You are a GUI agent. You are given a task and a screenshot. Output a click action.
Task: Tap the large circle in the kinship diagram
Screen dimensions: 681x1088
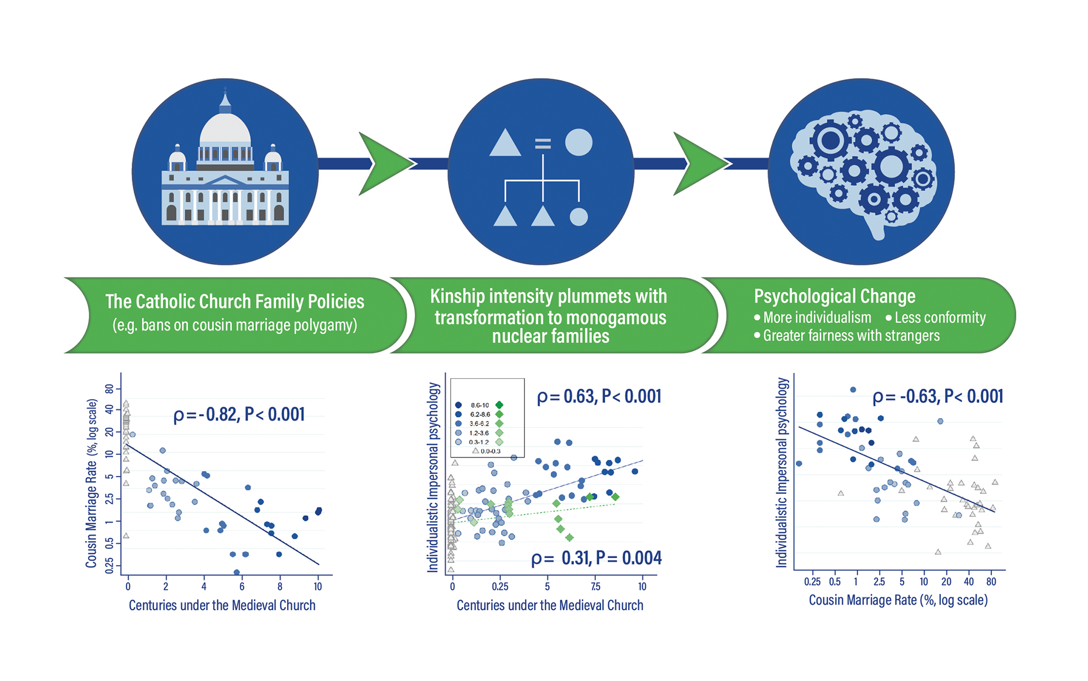click(x=578, y=142)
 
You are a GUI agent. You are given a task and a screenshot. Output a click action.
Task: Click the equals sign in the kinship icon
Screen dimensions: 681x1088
click(x=542, y=143)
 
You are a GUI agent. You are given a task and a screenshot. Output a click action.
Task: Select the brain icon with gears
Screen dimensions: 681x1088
click(x=862, y=171)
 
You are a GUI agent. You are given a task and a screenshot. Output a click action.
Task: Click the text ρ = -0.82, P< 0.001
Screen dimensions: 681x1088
click(x=239, y=415)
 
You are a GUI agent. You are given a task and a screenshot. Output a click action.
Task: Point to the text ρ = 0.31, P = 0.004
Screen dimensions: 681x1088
click(x=596, y=558)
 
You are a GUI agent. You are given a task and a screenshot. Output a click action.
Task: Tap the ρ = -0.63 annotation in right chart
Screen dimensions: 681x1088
click(x=937, y=396)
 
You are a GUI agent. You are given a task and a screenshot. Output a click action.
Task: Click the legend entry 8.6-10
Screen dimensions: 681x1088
click(x=479, y=405)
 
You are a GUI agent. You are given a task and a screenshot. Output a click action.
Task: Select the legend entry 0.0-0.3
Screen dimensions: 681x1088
click(x=490, y=451)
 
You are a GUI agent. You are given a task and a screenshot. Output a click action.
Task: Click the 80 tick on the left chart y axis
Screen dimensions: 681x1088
click(x=109, y=389)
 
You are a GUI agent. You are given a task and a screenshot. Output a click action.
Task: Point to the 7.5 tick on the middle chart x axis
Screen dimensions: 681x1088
click(x=596, y=586)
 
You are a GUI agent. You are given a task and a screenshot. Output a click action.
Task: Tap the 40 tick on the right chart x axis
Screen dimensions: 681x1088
click(x=969, y=582)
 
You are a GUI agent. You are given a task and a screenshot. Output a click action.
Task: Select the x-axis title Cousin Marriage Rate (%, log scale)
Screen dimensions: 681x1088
click(x=898, y=600)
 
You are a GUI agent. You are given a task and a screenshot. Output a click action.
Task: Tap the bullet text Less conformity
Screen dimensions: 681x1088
click(x=939, y=318)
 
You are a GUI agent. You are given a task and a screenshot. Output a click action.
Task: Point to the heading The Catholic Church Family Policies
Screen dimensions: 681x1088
click(x=235, y=302)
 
